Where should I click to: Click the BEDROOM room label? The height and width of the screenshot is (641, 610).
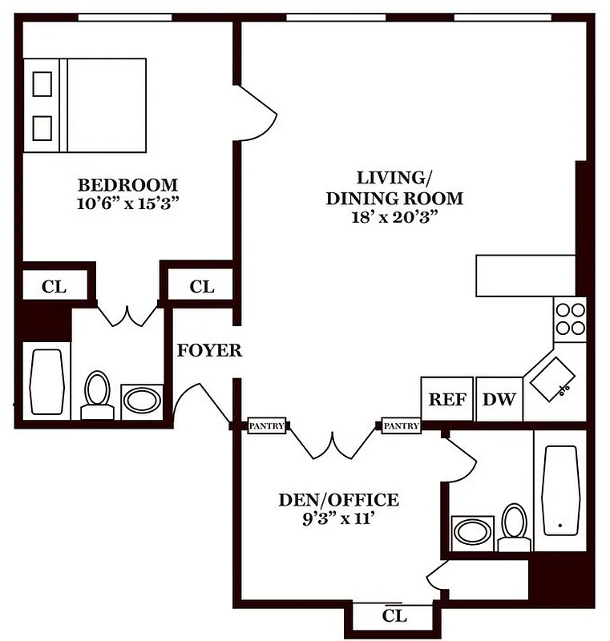127,184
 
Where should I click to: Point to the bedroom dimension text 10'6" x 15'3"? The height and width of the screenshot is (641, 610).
127,203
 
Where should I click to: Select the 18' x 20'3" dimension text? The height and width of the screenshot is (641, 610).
394,216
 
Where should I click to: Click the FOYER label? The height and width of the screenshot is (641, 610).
209,351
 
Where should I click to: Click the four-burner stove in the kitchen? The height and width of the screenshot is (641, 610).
570,319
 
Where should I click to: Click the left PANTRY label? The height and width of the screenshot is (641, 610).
266,426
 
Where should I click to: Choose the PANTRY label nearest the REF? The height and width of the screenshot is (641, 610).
401,426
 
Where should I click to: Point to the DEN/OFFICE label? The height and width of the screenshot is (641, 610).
337,501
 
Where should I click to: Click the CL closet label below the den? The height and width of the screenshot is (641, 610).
394,616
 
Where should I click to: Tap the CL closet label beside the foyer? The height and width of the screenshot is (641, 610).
201,286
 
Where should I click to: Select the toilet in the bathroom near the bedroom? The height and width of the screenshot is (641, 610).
98,394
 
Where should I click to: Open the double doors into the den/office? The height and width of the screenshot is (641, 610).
333,441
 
